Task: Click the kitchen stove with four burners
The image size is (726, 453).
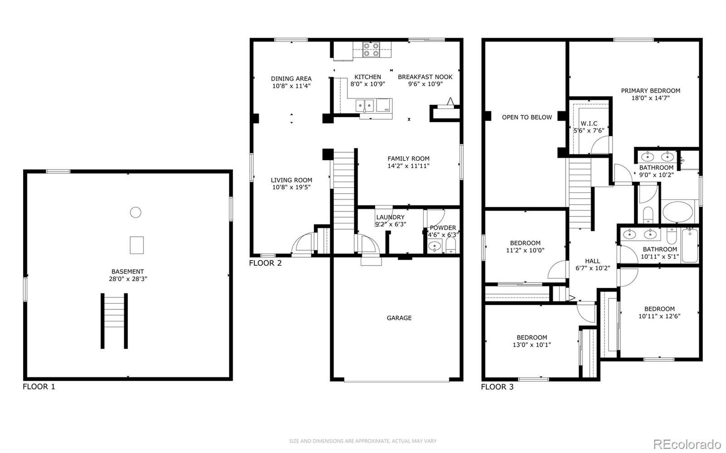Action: click(372, 49)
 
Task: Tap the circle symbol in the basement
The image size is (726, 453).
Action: click(136, 212)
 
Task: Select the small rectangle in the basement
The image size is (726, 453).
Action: click(137, 245)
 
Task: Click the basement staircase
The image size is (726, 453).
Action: click(114, 321)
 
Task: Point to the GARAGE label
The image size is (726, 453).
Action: click(399, 318)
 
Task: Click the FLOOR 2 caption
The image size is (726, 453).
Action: click(265, 263)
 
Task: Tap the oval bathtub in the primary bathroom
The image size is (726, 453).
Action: click(678, 212)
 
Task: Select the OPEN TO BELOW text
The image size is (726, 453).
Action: click(527, 117)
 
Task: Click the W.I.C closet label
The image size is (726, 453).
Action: click(589, 123)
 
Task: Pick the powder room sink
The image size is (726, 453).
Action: click(434, 246)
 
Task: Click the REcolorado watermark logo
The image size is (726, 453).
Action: click(687, 444)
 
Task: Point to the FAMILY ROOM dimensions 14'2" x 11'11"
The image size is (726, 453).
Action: click(408, 166)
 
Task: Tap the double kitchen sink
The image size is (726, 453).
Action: click(365, 106)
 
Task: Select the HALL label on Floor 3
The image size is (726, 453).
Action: click(593, 261)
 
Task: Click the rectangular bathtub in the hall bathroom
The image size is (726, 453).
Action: click(690, 246)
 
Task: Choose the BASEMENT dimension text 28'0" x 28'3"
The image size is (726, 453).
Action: click(128, 279)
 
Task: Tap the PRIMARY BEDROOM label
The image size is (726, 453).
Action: click(651, 91)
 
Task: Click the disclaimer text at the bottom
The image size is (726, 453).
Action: click(363, 441)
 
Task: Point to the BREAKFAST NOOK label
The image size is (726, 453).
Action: click(425, 77)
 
